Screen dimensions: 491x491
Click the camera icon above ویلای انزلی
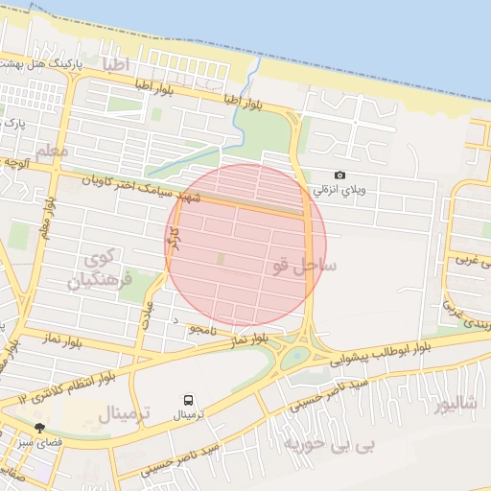tap(339, 175)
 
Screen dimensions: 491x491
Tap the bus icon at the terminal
tap(188, 399)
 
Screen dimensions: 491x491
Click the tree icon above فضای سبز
tap(40, 429)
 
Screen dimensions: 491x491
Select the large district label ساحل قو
tap(302, 266)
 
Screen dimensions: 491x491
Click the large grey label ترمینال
tap(121, 414)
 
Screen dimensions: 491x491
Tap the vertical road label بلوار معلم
tap(47, 219)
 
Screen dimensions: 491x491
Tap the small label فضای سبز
tap(35, 443)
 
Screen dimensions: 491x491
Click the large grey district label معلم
tap(57, 152)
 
